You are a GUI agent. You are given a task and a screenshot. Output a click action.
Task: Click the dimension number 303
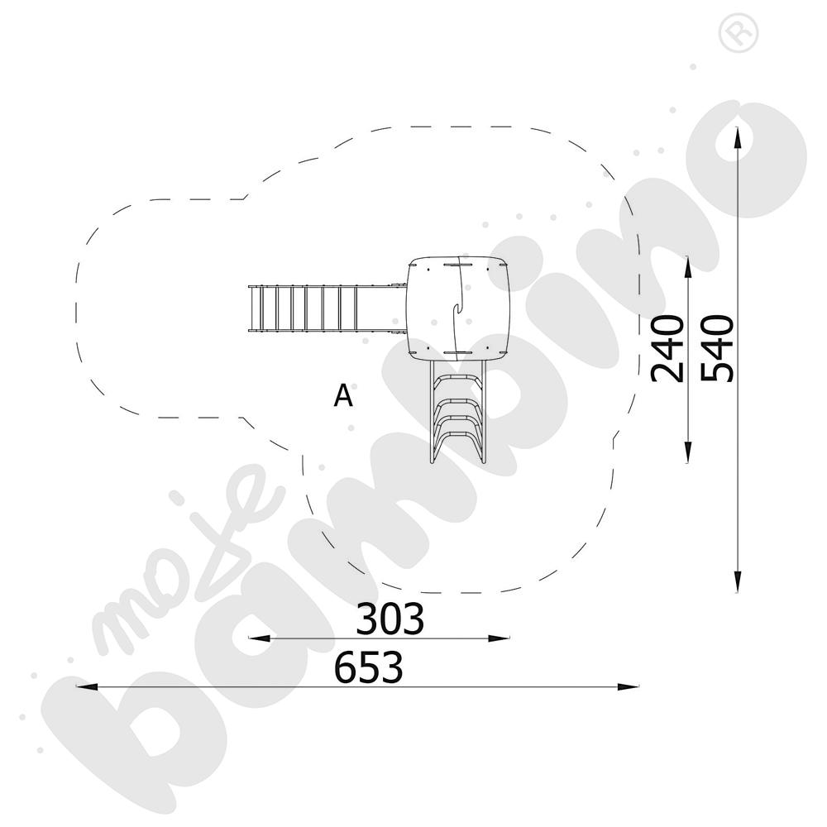tap(390, 619)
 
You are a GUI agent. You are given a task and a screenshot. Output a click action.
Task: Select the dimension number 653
tap(369, 667)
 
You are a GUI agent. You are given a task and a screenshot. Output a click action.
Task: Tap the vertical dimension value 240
tap(667, 348)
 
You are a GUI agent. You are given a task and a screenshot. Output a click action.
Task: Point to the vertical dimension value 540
tap(717, 348)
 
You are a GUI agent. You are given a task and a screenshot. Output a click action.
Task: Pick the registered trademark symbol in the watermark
tap(739, 32)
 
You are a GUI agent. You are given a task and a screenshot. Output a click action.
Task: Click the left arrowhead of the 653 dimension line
tap(87, 686)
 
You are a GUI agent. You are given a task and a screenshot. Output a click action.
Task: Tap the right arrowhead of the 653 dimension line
tap(629, 686)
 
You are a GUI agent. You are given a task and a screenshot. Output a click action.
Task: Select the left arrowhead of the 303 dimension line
tap(259, 638)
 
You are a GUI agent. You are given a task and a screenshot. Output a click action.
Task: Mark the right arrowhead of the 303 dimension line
tap(499, 638)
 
